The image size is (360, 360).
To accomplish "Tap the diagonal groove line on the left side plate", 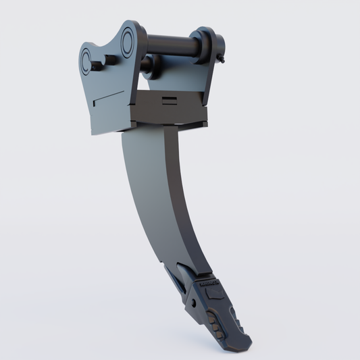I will pyautogui.click(x=108, y=98).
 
